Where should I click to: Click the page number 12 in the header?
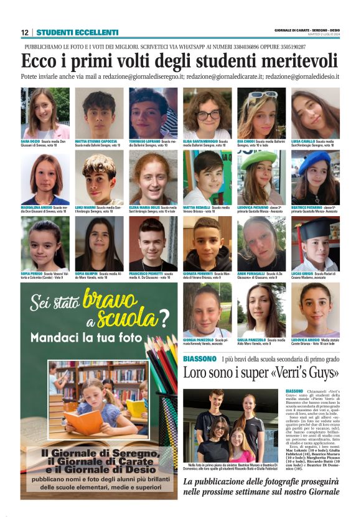click(x=25, y=32)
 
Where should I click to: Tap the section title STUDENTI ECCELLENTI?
click(x=77, y=32)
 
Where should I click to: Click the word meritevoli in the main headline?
click(x=298, y=61)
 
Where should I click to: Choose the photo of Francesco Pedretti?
click(x=153, y=243)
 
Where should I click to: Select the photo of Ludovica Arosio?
click(x=315, y=309)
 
